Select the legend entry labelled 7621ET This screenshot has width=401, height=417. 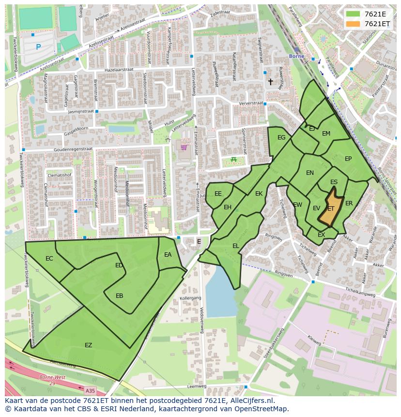(377, 24)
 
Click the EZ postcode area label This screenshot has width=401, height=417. (88, 345)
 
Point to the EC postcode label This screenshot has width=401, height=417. (49, 259)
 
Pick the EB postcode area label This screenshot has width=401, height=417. (119, 296)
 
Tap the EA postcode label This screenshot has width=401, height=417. (168, 255)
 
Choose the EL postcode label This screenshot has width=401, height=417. (235, 246)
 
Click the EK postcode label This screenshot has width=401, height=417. (259, 194)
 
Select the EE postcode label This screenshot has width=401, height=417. (218, 194)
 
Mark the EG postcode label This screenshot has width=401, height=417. (281, 138)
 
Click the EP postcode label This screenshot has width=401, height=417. (348, 159)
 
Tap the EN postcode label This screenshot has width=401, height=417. (310, 173)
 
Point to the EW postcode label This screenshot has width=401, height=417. (297, 205)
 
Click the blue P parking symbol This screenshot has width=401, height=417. (38, 47)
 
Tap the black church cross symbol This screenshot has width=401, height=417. (271, 82)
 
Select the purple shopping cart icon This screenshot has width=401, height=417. (184, 147)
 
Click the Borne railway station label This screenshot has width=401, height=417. (296, 56)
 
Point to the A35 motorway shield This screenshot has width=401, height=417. (90, 389)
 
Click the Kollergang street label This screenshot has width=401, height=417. (190, 298)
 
